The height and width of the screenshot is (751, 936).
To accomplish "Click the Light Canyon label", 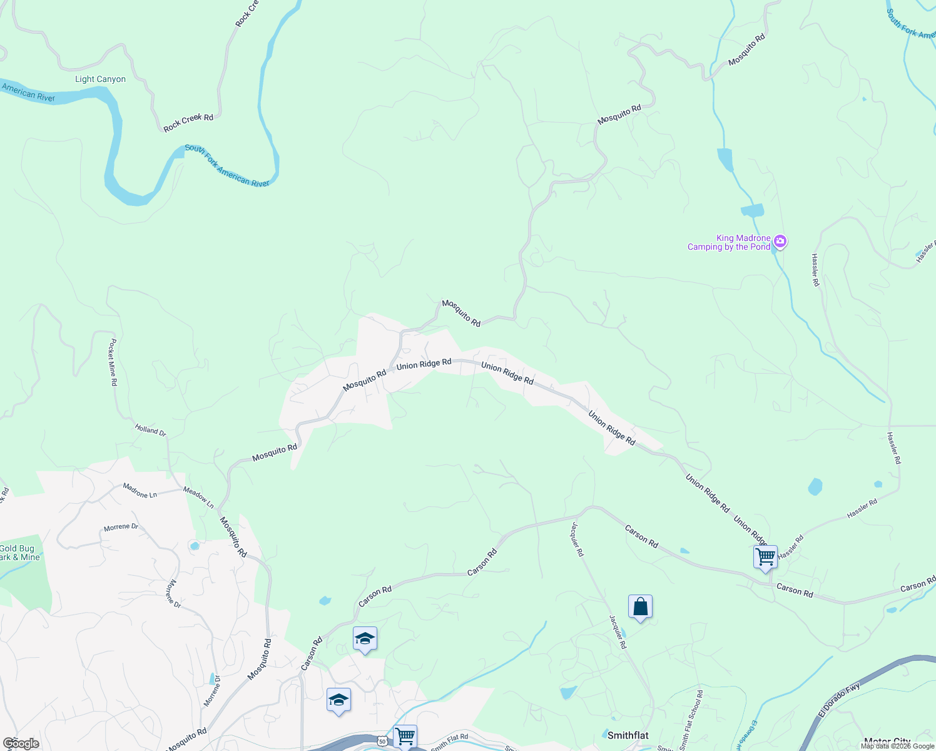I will [100, 79].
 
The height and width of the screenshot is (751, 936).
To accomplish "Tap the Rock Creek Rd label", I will [188, 123].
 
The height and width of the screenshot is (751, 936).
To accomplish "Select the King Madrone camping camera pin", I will [780, 242].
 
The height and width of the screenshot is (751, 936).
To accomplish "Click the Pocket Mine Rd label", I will [113, 362].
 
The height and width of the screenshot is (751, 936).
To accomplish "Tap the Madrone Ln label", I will [140, 491].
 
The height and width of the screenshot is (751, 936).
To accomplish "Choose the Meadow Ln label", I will [198, 498].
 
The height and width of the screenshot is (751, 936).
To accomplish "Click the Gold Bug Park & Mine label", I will [19, 553].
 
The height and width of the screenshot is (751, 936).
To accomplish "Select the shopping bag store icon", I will [640, 606].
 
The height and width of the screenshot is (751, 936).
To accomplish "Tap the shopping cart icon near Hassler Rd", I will [765, 556].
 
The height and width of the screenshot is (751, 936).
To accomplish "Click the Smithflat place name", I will [628, 735].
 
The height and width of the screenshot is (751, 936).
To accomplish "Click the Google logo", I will [21, 743].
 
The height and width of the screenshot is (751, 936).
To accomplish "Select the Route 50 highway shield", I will [382, 742].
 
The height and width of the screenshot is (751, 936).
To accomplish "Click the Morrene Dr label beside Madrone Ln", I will [121, 527].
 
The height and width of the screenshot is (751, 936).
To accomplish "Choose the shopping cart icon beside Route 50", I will [405, 736].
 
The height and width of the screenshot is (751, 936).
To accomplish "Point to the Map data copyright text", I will [897, 746].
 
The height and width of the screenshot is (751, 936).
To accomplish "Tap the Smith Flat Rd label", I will [449, 742].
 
